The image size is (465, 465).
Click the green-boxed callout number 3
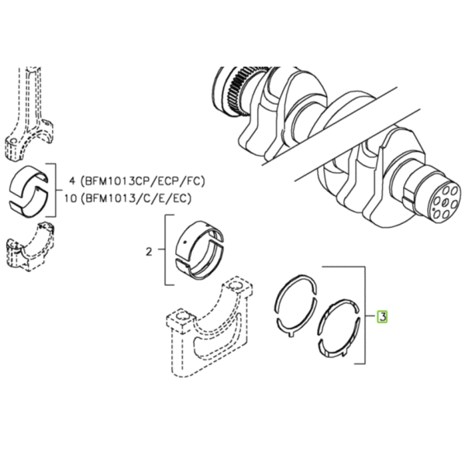(382, 317)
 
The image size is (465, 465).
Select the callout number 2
(149, 252)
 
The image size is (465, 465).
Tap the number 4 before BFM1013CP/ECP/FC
(72, 181)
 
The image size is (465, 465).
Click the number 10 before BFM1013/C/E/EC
(71, 198)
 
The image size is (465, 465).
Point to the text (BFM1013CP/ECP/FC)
(143, 181)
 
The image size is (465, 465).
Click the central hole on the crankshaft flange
(445, 202)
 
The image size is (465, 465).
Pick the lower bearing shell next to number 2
(201, 264)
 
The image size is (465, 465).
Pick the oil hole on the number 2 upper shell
(185, 243)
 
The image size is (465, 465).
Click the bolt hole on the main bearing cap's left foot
(181, 317)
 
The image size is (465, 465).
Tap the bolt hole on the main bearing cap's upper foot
(236, 285)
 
